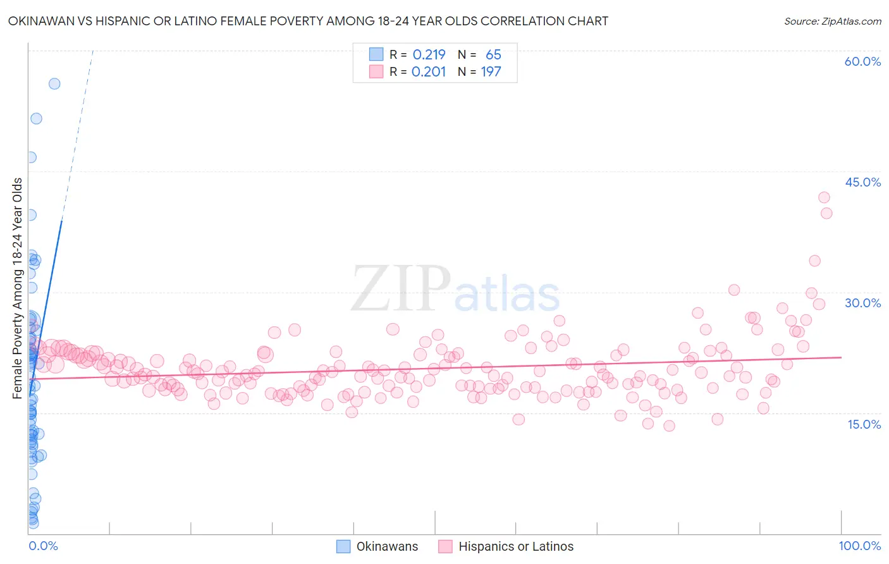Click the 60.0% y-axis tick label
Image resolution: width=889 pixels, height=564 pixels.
pyautogui.click(x=862, y=61)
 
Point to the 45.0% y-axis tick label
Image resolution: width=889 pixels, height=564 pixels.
pyautogui.click(x=862, y=182)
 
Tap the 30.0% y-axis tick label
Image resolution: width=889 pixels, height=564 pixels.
pyautogui.click(x=862, y=303)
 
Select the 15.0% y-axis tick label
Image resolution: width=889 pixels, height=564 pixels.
pyautogui.click(x=864, y=424)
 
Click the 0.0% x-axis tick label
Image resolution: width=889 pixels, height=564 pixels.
pyautogui.click(x=43, y=546)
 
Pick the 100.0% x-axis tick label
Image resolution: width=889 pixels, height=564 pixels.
pyautogui.click(x=859, y=546)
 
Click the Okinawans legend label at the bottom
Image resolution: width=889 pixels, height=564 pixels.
pyautogui.click(x=387, y=546)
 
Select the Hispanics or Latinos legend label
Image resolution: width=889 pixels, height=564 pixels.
pyautogui.click(x=516, y=546)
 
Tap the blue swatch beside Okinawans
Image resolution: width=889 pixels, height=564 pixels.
pyautogui.click(x=343, y=546)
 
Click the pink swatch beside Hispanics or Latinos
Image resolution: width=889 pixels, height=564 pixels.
pyautogui.click(x=445, y=546)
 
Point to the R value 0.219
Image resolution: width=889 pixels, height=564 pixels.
pyautogui.click(x=429, y=54)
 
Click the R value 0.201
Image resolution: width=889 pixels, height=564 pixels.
pyautogui.click(x=429, y=71)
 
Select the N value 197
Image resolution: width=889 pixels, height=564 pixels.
pyautogui.click(x=491, y=71)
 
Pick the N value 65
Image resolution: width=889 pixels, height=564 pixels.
pyautogui.click(x=493, y=54)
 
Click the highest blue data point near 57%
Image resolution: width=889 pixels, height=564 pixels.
pyautogui.click(x=54, y=83)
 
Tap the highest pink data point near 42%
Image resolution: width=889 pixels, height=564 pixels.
pyautogui.click(x=824, y=197)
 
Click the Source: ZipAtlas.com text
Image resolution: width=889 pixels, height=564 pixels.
pyautogui.click(x=832, y=21)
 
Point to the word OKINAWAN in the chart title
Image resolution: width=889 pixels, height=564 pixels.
pyautogui.click(x=40, y=21)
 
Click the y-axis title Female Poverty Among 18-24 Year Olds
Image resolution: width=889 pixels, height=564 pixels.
pyautogui.click(x=17, y=288)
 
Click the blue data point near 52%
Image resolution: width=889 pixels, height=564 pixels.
pyautogui.click(x=36, y=118)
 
